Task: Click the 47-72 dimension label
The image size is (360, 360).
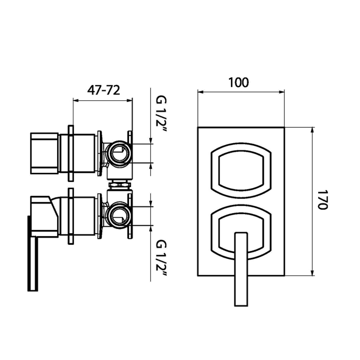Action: point(103,90)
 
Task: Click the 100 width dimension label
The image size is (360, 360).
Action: point(238,82)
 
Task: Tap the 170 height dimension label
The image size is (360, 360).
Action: point(323,199)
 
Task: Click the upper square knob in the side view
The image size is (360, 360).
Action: point(44,153)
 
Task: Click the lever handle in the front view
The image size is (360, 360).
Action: point(241,269)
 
